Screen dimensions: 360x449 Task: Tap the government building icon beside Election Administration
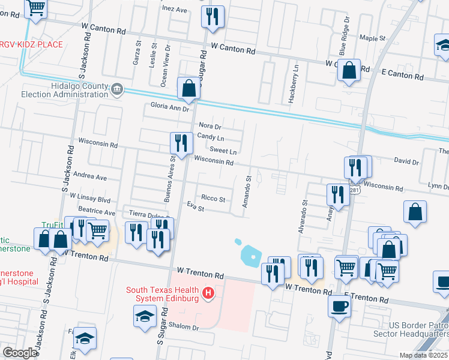click(x=117, y=90)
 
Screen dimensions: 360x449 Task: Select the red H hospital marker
click(x=208, y=293)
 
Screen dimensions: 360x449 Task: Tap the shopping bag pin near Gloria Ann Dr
click(x=189, y=88)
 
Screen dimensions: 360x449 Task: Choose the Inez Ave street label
click(x=175, y=10)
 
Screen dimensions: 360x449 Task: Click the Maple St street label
click(x=372, y=38)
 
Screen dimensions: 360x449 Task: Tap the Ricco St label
click(x=213, y=199)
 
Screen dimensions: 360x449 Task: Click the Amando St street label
click(x=246, y=192)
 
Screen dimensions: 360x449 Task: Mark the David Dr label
click(x=406, y=161)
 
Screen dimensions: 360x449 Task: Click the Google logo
click(x=19, y=353)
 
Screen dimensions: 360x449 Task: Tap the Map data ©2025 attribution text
click(x=423, y=355)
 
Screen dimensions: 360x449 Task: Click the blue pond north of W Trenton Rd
click(x=252, y=256)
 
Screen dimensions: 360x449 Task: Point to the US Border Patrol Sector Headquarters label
click(x=418, y=329)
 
